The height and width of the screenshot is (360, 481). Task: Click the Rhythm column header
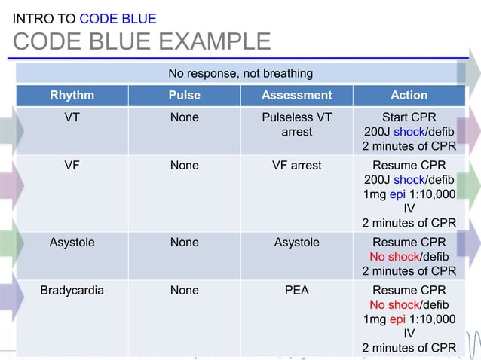pos(72,95)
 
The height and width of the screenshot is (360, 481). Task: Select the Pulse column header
pos(184,95)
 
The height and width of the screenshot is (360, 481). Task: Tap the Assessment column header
pos(296,95)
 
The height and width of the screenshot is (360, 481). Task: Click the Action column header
pos(409,95)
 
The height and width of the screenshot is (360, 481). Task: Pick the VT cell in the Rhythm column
pos(72,117)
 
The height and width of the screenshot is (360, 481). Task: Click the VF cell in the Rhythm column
pos(72,166)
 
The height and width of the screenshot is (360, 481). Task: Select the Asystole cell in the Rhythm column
pos(72,243)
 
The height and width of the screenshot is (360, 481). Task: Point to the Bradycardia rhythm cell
pos(72,291)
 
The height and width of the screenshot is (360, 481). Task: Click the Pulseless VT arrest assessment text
pos(296,124)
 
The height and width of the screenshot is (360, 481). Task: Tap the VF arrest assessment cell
pos(296,166)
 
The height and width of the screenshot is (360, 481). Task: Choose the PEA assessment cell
pos(296,291)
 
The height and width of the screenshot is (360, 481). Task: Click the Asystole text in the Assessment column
pos(296,243)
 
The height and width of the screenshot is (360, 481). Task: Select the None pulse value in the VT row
pos(184,117)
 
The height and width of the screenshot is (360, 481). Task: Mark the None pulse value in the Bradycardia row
pos(184,291)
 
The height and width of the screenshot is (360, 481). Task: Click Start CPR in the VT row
pos(409,117)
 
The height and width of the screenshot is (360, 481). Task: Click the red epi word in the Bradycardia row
pos(397,319)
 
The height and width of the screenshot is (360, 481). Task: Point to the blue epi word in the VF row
pos(397,194)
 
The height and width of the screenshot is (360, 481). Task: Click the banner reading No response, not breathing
pos(240,73)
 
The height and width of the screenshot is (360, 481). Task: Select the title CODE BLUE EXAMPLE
pos(142,41)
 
